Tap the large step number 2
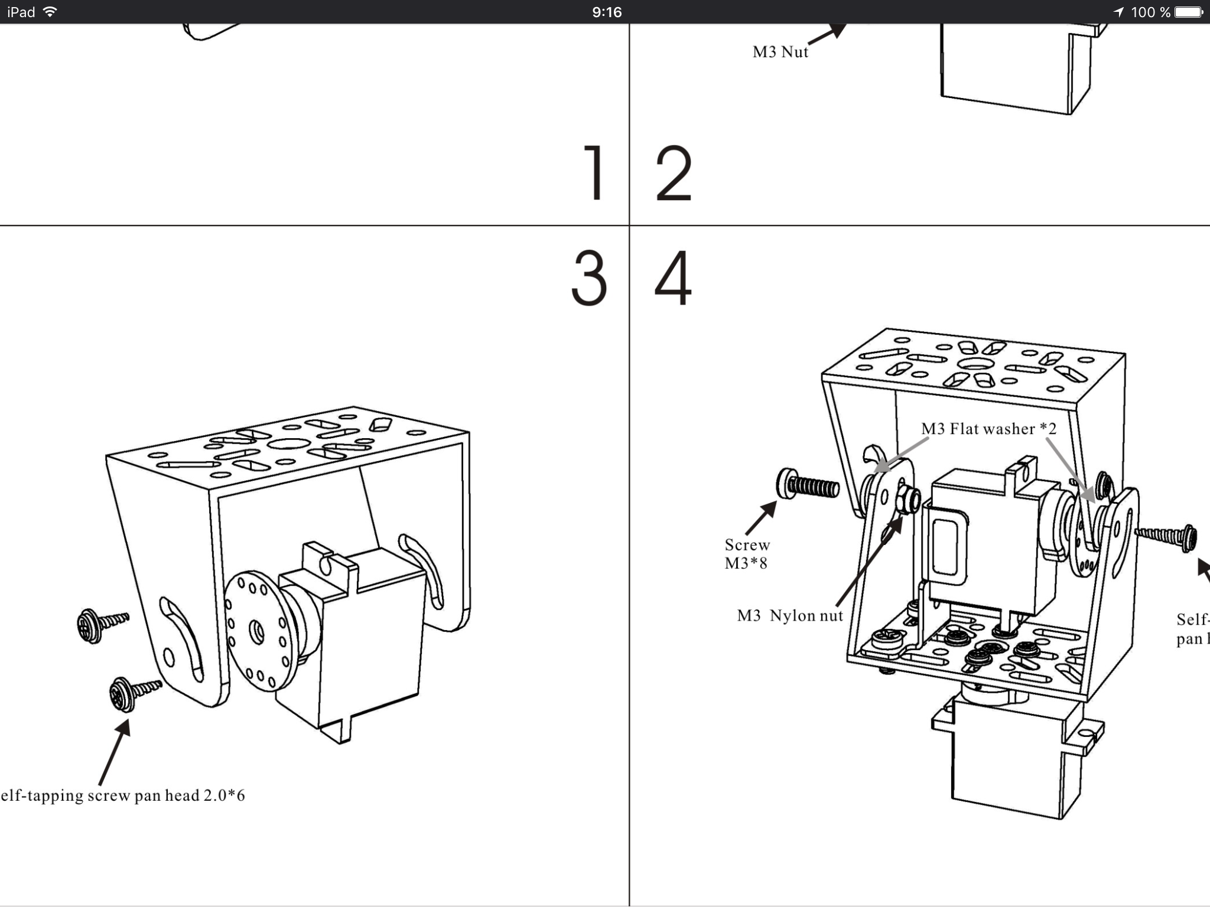(x=674, y=174)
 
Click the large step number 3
(x=589, y=278)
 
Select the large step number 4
(x=673, y=278)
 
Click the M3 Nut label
(x=780, y=52)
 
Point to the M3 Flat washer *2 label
(x=988, y=429)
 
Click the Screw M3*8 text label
(x=747, y=554)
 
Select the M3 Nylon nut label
(x=790, y=616)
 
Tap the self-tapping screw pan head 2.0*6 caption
(x=123, y=795)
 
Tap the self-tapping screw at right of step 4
(x=1167, y=537)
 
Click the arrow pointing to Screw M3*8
(x=761, y=518)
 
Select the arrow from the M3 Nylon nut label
(x=869, y=561)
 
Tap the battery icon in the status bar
(x=1188, y=12)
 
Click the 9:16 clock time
(x=607, y=12)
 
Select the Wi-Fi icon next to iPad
(x=51, y=12)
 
